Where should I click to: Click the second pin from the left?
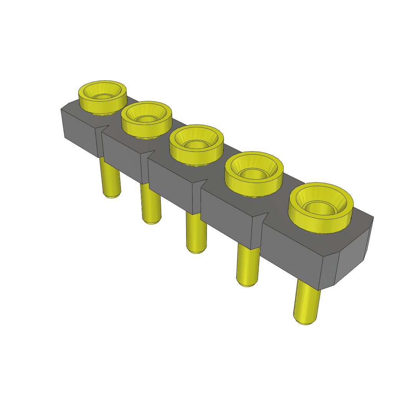coord(150,203)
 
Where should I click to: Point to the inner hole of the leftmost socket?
coord(102,96)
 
